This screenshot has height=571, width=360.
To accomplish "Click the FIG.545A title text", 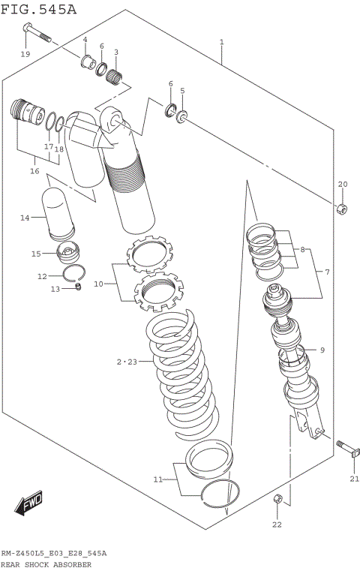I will (38, 9).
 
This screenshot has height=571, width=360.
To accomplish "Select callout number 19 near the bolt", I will (25, 54).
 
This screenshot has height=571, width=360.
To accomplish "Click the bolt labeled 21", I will (349, 452).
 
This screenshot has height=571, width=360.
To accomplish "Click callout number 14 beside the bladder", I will (24, 218).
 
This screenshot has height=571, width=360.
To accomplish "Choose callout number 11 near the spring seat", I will (157, 479).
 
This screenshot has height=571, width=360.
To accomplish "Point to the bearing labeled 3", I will (115, 75).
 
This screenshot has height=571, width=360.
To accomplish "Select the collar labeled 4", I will (87, 59).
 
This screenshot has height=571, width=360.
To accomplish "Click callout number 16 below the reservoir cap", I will (34, 171).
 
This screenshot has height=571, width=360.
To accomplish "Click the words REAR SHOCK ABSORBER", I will (46, 563).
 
